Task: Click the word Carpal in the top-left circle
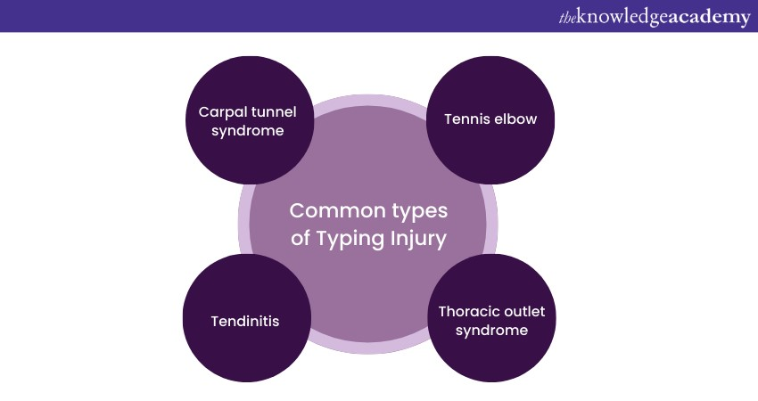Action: pyautogui.click(x=220, y=112)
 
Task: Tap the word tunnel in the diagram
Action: pyautogui.click(x=270, y=112)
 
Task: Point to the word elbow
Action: pyautogui.click(x=517, y=119)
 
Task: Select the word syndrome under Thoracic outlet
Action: pyautogui.click(x=491, y=330)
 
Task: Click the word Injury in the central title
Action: pyautogui.click(x=417, y=238)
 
